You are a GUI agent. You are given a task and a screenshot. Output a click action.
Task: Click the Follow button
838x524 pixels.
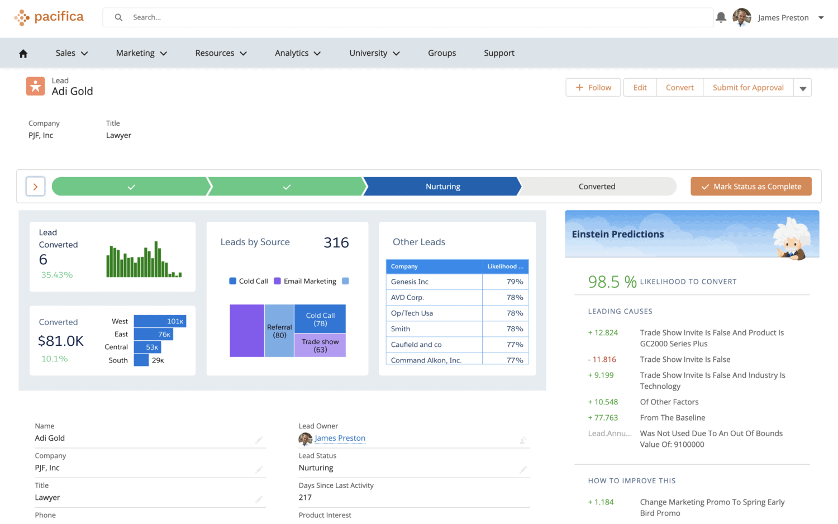[x=593, y=88]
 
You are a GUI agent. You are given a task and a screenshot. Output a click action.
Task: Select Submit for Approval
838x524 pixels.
[x=748, y=88]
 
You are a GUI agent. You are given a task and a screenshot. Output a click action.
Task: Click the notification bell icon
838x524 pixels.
[x=721, y=17]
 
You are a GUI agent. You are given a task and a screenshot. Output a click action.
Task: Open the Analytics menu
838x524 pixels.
[x=298, y=53]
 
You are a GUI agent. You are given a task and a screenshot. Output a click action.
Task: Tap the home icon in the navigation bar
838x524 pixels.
[x=23, y=54]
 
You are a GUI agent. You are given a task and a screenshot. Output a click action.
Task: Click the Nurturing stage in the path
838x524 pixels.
[x=442, y=187]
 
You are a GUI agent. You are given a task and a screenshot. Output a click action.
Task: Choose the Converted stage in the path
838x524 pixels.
[x=597, y=187]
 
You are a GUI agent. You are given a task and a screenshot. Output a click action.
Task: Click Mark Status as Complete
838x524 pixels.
[x=751, y=187]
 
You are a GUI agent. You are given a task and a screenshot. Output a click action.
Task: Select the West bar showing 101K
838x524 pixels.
[x=160, y=321]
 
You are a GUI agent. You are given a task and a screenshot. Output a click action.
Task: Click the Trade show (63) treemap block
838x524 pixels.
[x=320, y=345]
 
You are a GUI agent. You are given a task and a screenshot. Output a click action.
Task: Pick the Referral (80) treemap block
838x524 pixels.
[x=279, y=331]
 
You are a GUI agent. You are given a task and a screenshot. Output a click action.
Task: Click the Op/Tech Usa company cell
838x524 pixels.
[x=412, y=313]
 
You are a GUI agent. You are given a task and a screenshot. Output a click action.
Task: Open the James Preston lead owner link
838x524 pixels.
[x=340, y=439]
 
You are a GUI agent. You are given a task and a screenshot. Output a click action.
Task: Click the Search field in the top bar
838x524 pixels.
[x=408, y=17]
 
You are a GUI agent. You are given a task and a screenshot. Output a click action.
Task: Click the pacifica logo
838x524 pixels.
[x=49, y=17]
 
